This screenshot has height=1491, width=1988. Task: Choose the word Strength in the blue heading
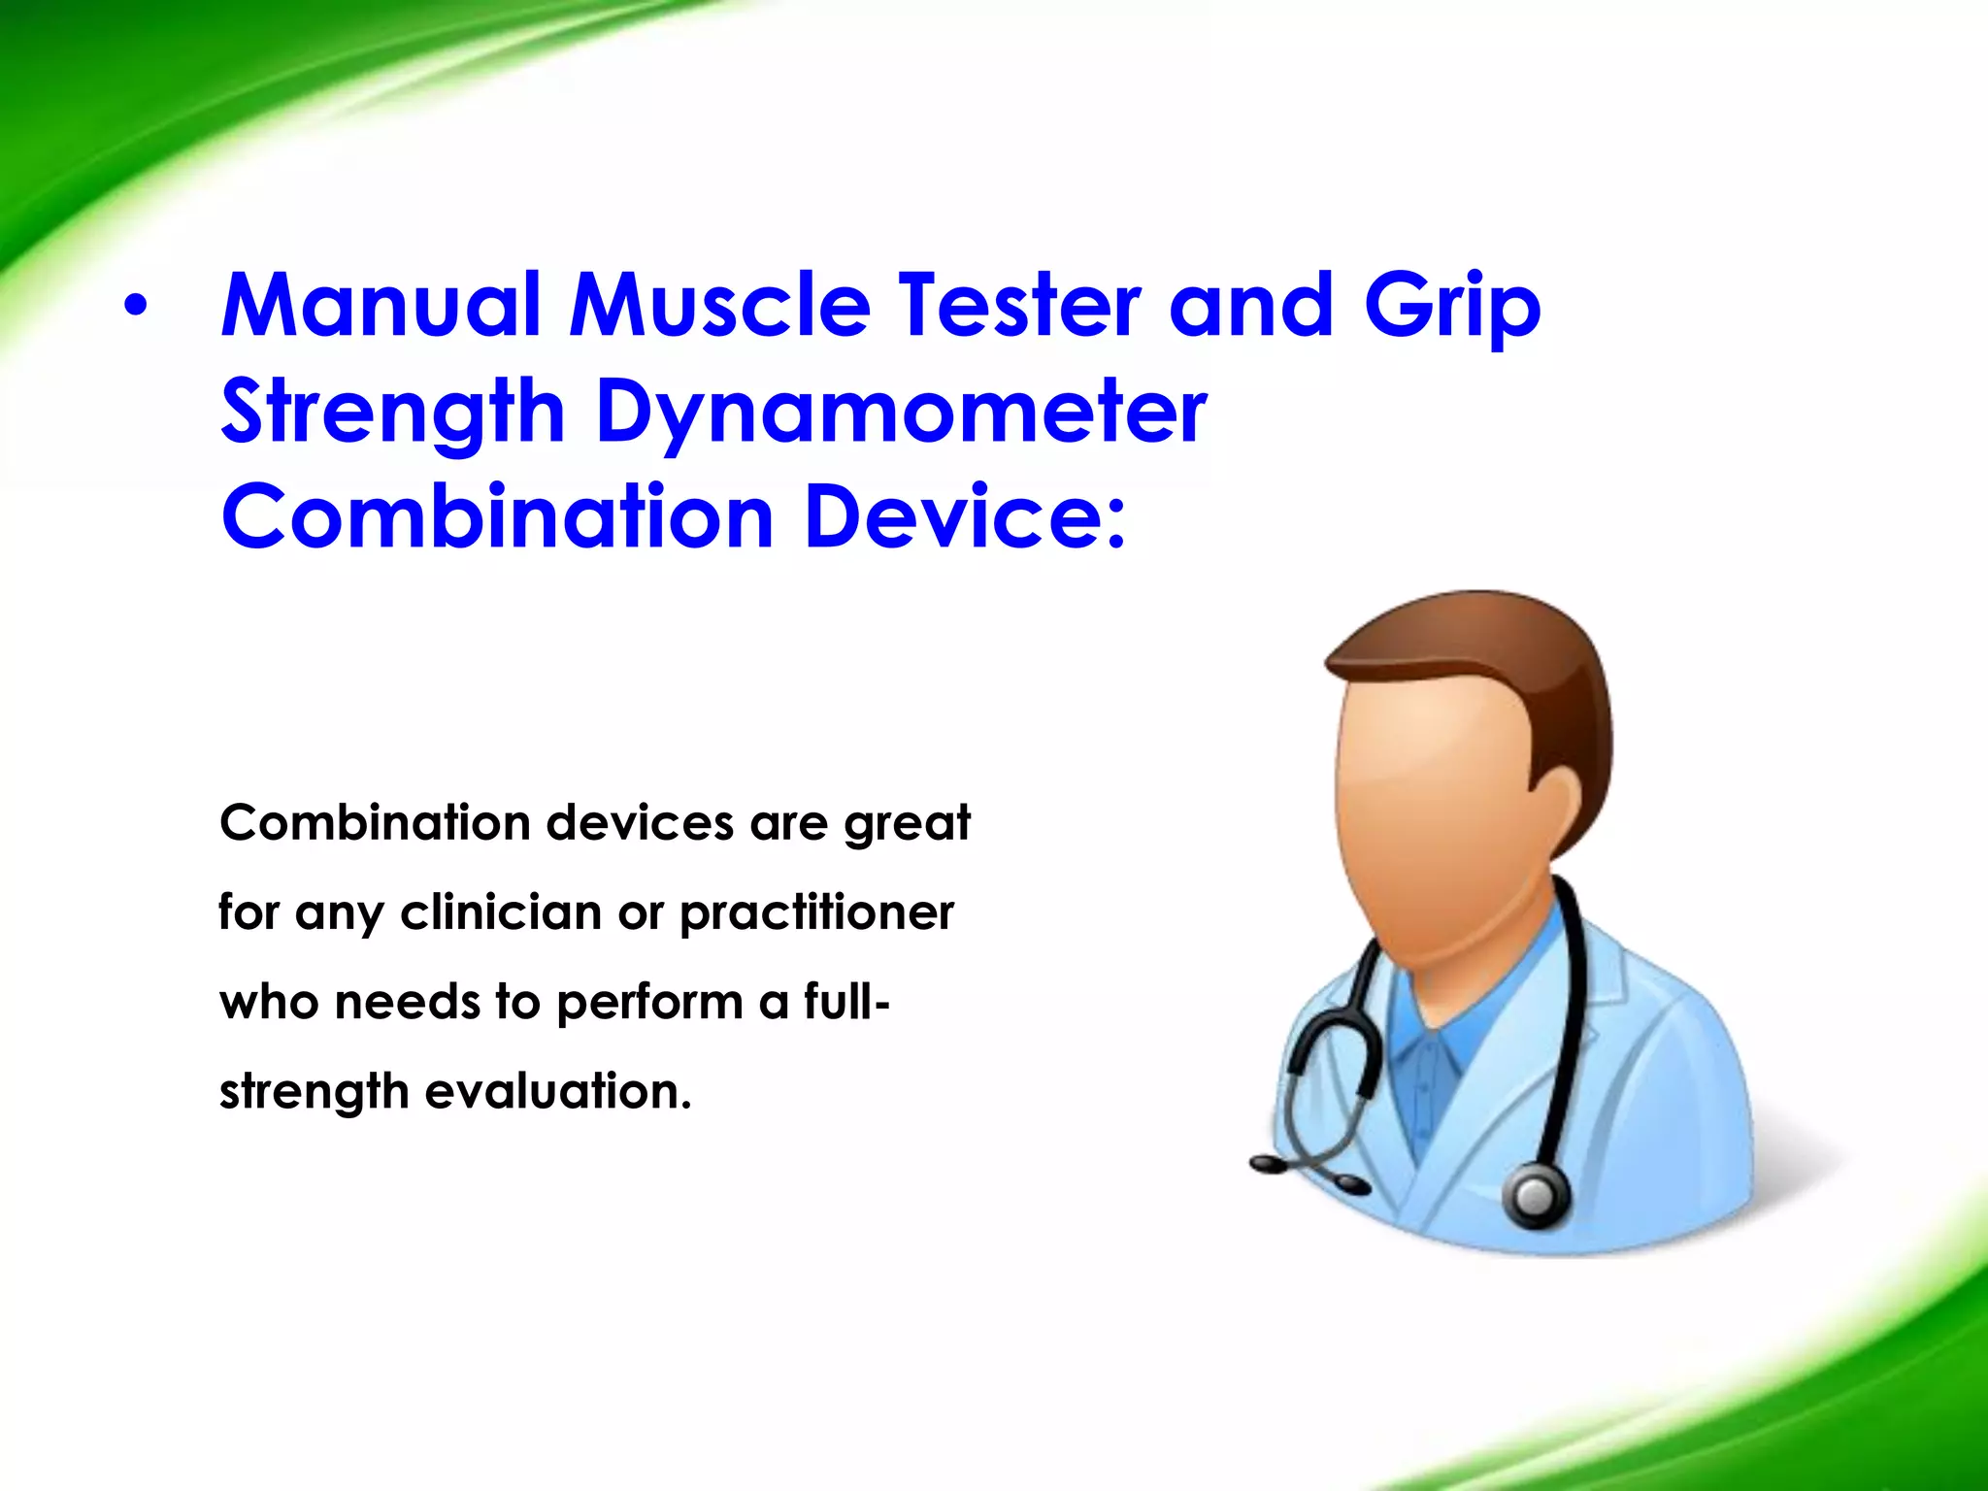(392, 414)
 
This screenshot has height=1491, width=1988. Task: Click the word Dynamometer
(901, 414)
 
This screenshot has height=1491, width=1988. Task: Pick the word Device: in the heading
(966, 516)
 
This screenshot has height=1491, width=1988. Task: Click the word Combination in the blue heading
(496, 516)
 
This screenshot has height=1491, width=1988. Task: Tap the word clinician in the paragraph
(501, 912)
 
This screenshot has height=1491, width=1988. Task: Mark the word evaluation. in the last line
(558, 1091)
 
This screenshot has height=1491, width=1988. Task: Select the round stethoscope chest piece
(1536, 1193)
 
